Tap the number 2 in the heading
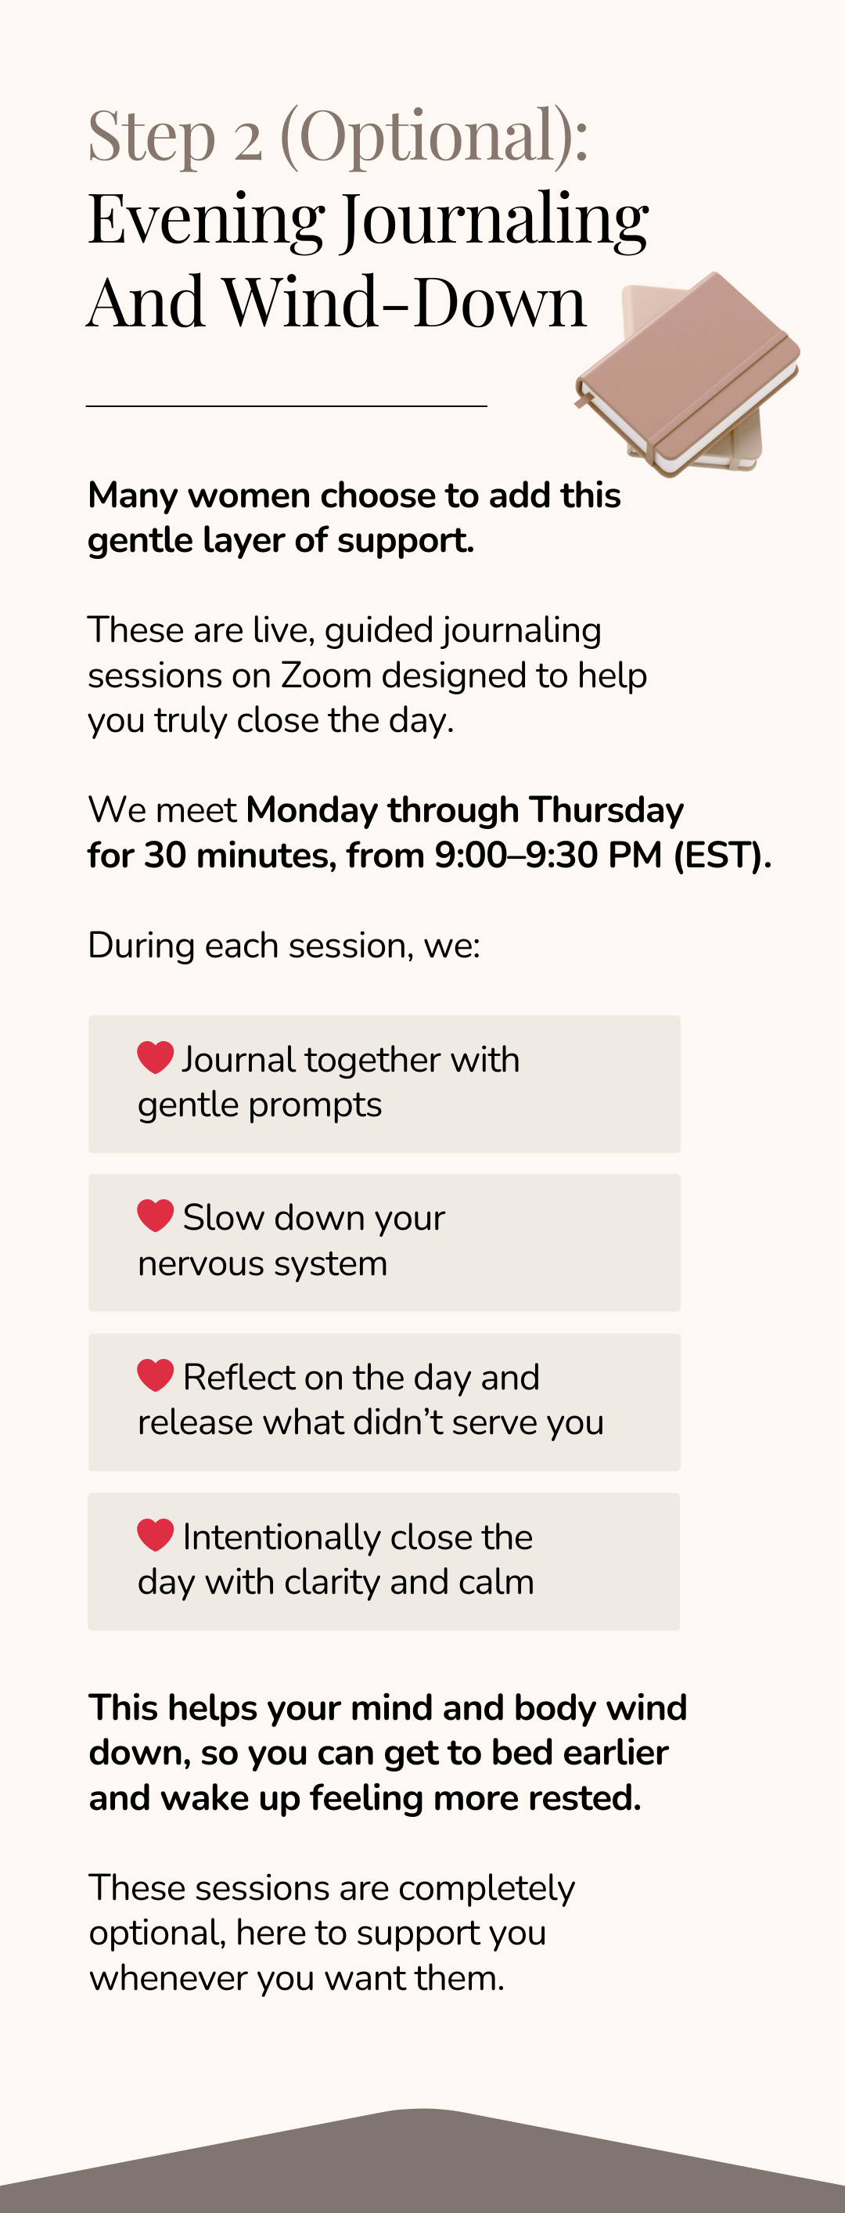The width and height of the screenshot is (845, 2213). click(248, 142)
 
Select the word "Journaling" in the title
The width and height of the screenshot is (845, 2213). click(495, 221)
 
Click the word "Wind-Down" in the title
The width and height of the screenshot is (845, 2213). click(405, 302)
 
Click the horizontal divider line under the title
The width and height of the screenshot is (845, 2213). click(287, 405)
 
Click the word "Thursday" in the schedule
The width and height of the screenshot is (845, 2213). click(606, 810)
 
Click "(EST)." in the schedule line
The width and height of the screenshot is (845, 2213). click(722, 856)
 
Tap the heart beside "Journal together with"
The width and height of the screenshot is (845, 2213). click(156, 1057)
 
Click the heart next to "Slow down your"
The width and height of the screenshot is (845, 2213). click(156, 1215)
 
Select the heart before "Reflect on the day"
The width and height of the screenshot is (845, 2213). click(156, 1375)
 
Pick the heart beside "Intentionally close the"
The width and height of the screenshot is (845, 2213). click(156, 1534)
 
